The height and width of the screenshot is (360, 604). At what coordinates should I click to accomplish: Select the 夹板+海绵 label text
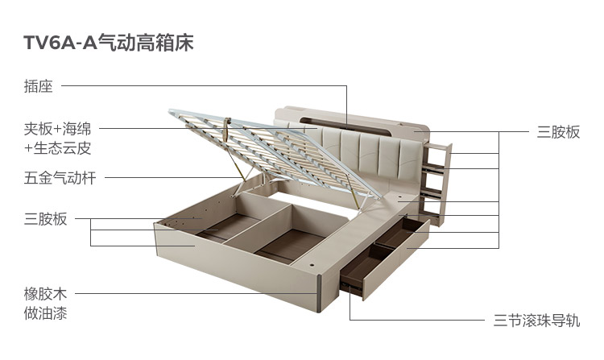[57, 129]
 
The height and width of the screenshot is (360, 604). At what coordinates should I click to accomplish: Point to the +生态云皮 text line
[57, 148]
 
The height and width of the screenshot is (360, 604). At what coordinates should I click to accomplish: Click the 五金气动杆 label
[60, 178]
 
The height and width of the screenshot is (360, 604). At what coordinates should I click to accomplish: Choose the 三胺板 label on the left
[45, 219]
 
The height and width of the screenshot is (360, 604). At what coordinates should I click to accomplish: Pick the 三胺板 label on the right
[558, 133]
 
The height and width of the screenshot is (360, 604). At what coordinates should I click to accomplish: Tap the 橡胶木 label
[45, 294]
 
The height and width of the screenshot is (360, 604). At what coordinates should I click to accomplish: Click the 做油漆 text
[45, 312]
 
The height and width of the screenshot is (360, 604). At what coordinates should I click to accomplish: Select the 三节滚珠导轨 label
[536, 321]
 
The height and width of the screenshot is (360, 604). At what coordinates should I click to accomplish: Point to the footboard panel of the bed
[234, 266]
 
